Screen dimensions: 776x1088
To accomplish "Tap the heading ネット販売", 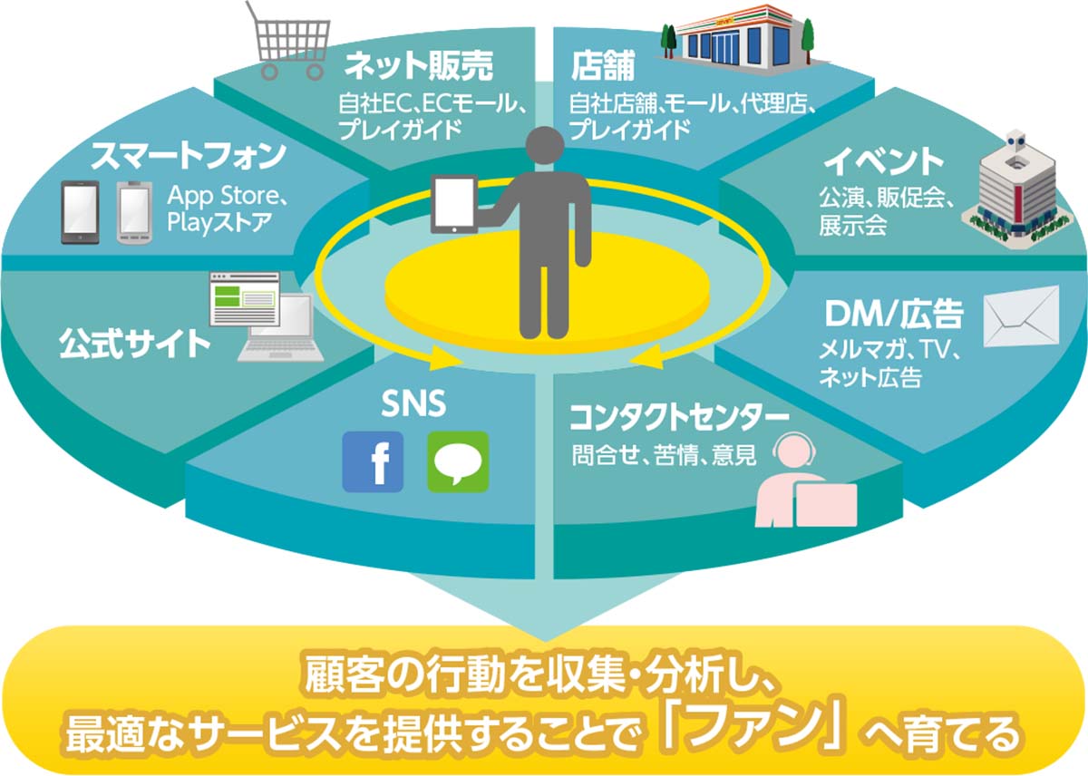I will click(419, 65).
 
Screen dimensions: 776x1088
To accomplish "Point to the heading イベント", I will click(883, 162).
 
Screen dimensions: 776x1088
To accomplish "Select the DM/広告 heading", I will click(893, 315).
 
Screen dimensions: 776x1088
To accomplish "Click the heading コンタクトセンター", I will click(678, 419).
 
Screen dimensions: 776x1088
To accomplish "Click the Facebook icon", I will click(372, 461).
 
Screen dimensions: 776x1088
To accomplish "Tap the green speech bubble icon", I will click(458, 461).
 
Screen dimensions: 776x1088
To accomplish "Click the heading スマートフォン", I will click(188, 156).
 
